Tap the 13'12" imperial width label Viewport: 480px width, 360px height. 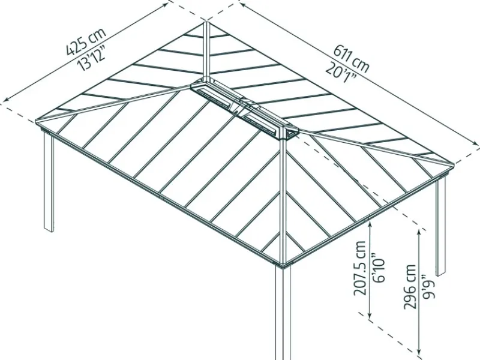92,57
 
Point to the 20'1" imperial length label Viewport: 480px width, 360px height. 341,74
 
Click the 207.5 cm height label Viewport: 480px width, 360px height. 361,268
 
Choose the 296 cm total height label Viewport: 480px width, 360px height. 410,287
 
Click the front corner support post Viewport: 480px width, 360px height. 283,312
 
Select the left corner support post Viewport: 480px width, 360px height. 49,181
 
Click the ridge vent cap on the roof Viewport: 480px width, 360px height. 244,109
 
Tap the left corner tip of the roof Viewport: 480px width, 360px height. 36,122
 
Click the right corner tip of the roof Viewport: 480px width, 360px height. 453,166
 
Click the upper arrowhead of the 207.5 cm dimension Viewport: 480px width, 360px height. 370,224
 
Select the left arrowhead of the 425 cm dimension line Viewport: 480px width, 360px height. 6,98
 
